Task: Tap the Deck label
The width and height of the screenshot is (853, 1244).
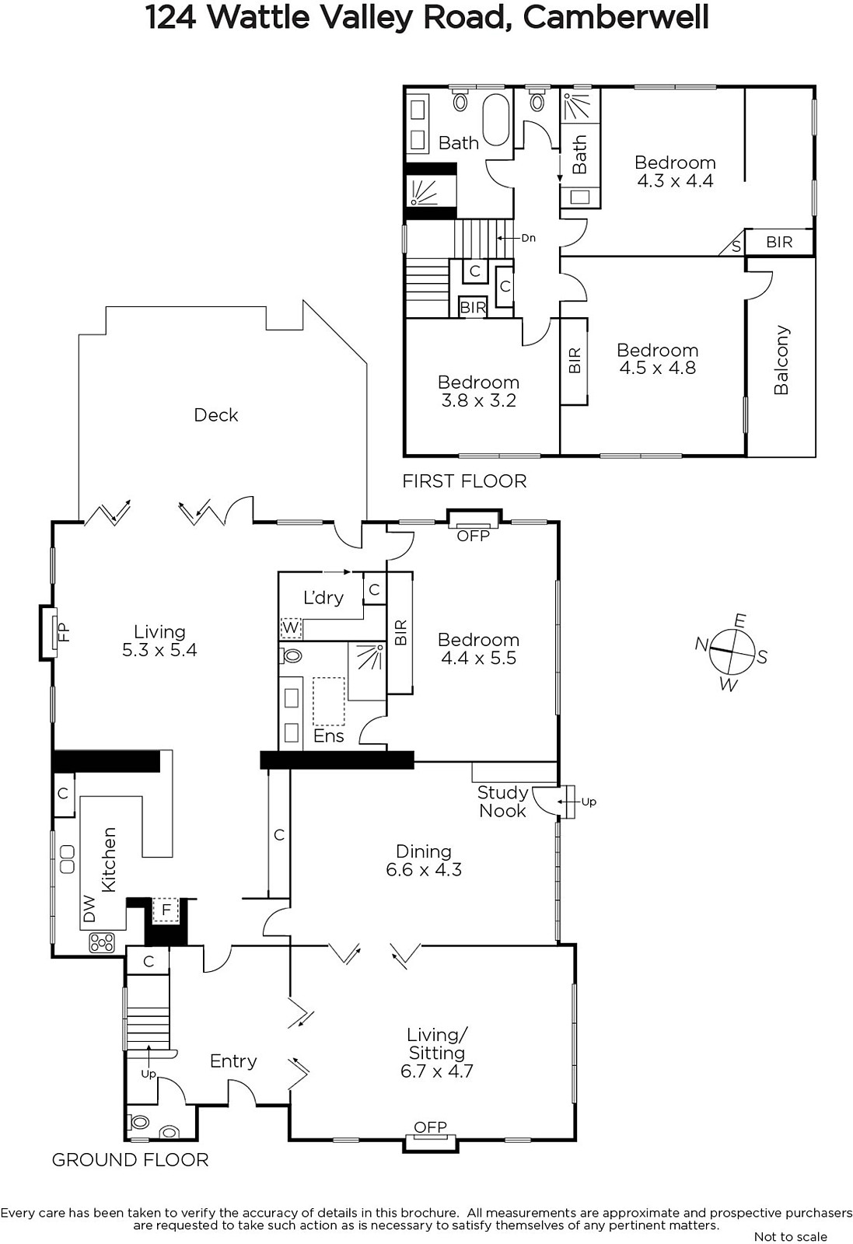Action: (x=216, y=415)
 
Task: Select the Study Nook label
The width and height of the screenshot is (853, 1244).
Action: (x=502, y=802)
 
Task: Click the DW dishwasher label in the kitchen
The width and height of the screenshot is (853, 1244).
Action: (x=89, y=909)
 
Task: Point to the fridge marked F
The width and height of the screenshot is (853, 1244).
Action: (x=166, y=910)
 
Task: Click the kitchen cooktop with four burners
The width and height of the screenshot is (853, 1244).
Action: (x=102, y=942)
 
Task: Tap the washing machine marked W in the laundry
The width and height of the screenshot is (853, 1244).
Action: (x=291, y=628)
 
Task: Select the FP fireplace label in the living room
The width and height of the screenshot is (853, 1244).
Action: (x=65, y=632)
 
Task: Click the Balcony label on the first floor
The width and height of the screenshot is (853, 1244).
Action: (x=781, y=360)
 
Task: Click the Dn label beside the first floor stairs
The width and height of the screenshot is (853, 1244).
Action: (x=528, y=238)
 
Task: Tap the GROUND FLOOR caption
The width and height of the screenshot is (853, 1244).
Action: (x=130, y=1159)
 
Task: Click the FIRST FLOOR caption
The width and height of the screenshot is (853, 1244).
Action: (x=464, y=481)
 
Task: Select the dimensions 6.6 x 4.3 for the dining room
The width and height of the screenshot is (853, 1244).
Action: (x=424, y=869)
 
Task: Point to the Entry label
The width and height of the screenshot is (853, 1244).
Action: (x=233, y=1061)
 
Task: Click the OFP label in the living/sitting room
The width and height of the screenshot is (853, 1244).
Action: (x=430, y=1127)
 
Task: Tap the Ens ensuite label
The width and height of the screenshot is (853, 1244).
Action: (x=329, y=736)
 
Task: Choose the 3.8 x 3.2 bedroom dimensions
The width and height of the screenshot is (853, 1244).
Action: (x=479, y=400)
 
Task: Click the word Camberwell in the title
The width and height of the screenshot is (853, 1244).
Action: (x=616, y=18)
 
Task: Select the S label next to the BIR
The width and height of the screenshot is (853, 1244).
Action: (x=736, y=246)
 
